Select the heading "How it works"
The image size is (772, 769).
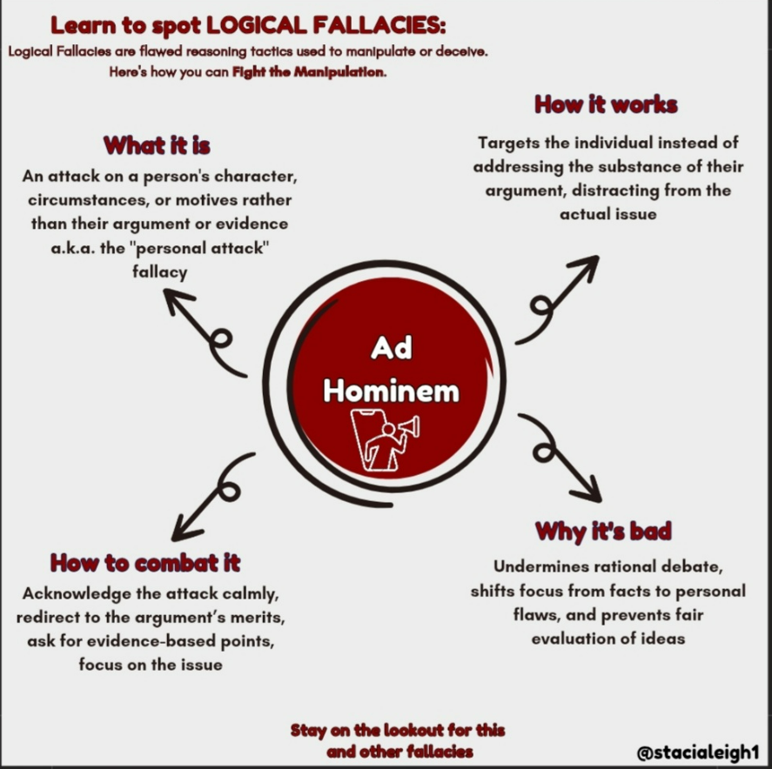pyautogui.click(x=606, y=105)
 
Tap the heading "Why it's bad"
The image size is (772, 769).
pyautogui.click(x=603, y=530)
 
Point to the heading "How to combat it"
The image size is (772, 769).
pyautogui.click(x=144, y=562)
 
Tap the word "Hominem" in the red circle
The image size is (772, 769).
pyautogui.click(x=391, y=391)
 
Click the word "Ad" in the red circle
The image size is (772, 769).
pyautogui.click(x=391, y=348)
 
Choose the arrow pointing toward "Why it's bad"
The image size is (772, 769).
pyautogui.click(x=562, y=458)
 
